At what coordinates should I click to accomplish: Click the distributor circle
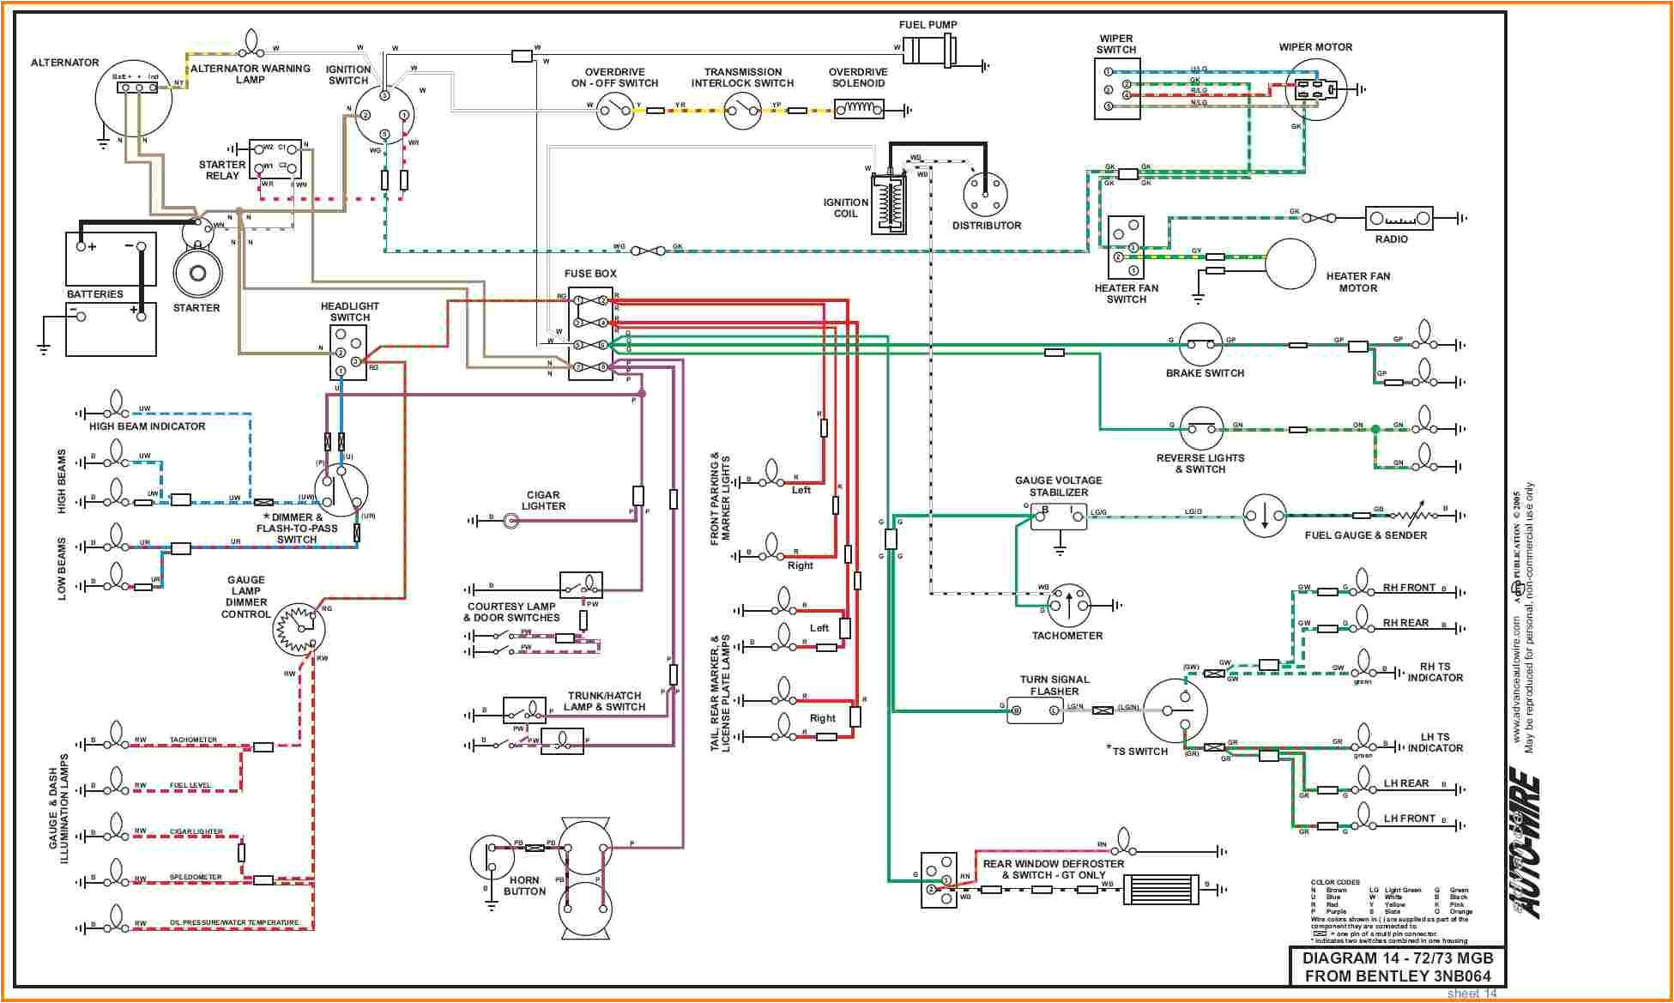985,194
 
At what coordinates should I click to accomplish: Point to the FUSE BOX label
590,274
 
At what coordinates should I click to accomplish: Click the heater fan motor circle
1290,264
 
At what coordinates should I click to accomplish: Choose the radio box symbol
1399,218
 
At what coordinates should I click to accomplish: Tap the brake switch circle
1200,345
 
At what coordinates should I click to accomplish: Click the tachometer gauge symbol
1068,606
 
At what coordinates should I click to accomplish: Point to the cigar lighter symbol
511,520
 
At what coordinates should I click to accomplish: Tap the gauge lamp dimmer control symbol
299,630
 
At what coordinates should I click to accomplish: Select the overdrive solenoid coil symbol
859,109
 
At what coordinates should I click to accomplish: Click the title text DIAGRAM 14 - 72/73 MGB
1397,958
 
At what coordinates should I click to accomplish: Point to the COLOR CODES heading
1334,882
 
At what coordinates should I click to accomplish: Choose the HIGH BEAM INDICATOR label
147,426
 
